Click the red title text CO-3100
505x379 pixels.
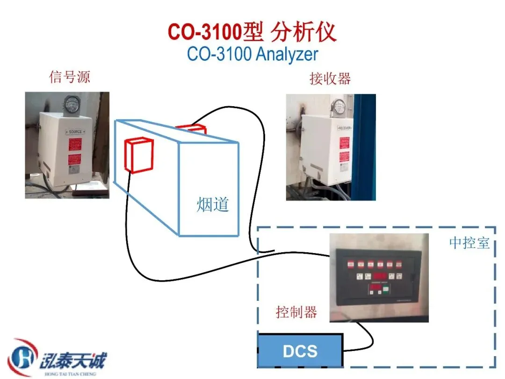coord(205,32)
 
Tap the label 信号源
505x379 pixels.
coord(69,76)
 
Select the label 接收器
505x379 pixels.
coord(330,78)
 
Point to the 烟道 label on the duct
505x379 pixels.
coord(213,204)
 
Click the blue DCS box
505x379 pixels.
coord(300,350)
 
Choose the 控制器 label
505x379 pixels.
coord(296,312)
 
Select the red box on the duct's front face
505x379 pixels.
coord(139,155)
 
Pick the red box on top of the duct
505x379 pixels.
coord(190,128)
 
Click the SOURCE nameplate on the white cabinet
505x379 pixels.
coord(75,132)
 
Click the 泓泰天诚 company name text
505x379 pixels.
coord(72,361)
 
